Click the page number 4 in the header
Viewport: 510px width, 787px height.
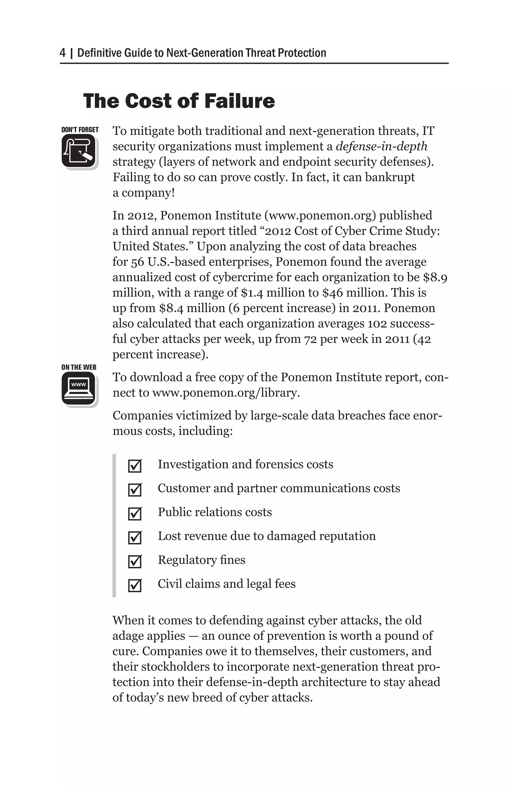click(63, 53)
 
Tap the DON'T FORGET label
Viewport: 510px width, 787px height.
click(80, 130)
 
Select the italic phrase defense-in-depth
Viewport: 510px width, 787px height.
click(381, 147)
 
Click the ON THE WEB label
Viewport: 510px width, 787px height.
click(79, 367)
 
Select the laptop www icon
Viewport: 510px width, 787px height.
click(79, 389)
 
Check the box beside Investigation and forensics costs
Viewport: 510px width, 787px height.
click(135, 466)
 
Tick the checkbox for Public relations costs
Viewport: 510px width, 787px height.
click(135, 514)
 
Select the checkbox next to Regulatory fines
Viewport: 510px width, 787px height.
click(135, 561)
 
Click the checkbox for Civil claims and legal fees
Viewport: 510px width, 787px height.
click(135, 585)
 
